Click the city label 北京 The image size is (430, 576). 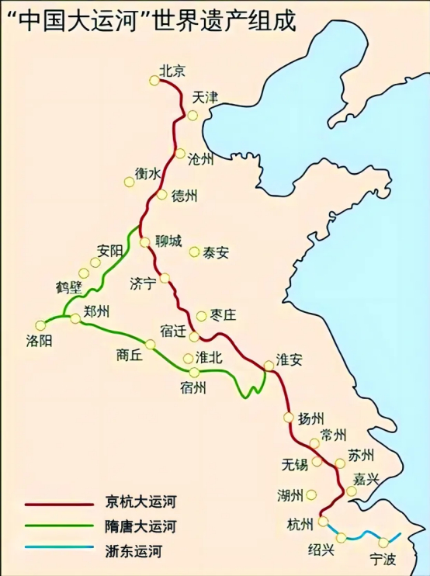click(x=172, y=70)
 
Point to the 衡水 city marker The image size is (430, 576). click(x=129, y=182)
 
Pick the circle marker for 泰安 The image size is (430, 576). click(x=195, y=252)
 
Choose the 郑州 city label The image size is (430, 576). click(x=96, y=312)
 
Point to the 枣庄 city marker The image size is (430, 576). click(x=202, y=316)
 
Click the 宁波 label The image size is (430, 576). click(x=382, y=559)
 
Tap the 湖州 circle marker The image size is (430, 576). click(x=312, y=494)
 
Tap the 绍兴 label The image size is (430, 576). click(x=321, y=550)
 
